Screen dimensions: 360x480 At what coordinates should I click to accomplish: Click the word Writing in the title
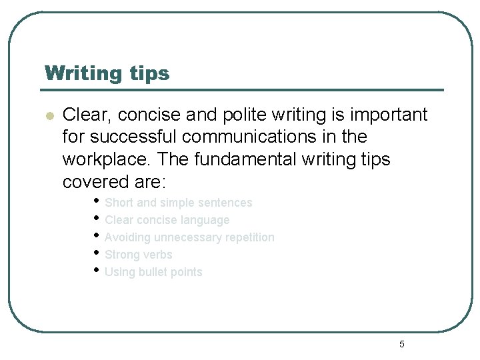(77, 73)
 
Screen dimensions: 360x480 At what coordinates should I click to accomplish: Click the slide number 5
(401, 344)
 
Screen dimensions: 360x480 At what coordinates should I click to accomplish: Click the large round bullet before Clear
(49, 115)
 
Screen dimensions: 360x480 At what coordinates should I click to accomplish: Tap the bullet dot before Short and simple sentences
(97, 201)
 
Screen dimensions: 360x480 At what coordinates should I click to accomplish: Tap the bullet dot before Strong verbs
(97, 253)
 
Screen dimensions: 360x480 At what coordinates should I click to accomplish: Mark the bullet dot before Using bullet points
(97, 270)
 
